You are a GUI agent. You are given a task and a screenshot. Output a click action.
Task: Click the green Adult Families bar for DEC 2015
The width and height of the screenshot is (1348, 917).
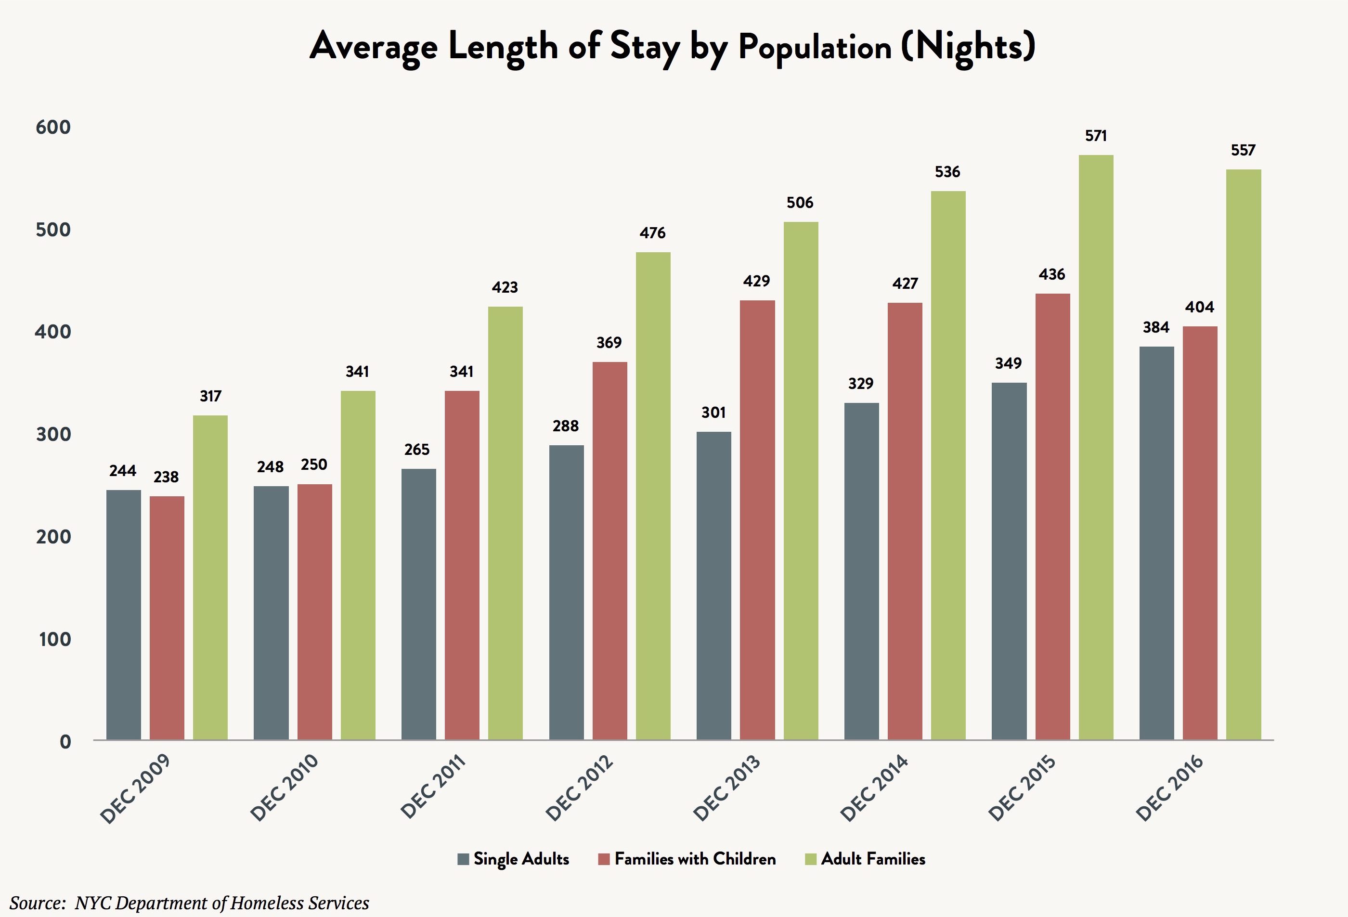[1096, 447]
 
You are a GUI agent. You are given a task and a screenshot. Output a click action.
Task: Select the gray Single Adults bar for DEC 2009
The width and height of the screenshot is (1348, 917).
[124, 614]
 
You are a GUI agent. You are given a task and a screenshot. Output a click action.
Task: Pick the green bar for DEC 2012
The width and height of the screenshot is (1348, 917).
[653, 495]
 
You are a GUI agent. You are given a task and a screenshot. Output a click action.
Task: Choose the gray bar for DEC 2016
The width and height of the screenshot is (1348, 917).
[1156, 542]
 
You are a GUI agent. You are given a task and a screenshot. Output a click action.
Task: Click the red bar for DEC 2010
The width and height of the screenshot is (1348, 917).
[314, 611]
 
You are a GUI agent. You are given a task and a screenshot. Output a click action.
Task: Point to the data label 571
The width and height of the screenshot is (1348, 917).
[1096, 136]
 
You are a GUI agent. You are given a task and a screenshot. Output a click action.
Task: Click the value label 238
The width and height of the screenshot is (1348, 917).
[166, 477]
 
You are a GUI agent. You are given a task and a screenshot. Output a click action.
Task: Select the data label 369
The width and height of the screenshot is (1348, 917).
[609, 343]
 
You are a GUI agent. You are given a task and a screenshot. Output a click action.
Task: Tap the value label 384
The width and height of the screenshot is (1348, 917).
[1156, 328]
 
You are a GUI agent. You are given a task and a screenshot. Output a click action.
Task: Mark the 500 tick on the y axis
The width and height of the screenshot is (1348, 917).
[53, 230]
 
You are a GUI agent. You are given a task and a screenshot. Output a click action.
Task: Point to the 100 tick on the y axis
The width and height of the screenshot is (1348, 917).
[54, 639]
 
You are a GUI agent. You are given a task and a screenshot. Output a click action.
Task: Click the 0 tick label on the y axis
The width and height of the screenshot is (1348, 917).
[65, 741]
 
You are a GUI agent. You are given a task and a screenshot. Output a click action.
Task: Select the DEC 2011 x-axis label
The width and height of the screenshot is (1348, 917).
[433, 786]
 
